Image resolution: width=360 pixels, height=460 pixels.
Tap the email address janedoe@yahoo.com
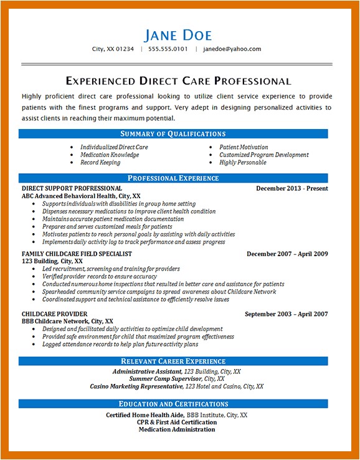[232, 49]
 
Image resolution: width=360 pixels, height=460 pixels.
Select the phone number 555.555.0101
[168, 49]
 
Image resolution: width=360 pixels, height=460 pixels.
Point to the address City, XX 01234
[113, 49]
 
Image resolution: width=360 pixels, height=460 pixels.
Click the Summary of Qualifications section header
[173, 133]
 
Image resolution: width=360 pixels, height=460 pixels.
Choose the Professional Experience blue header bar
[173, 178]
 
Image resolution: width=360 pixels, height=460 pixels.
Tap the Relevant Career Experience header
[173, 361]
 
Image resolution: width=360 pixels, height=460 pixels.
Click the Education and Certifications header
[173, 404]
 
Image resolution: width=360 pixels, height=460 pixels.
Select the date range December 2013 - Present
[291, 188]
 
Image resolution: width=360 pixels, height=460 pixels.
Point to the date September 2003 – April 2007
[286, 314]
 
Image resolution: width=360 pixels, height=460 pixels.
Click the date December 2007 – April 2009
[287, 254]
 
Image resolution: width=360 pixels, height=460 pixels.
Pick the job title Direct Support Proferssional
[72, 188]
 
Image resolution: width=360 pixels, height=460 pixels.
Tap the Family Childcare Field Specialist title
[77, 254]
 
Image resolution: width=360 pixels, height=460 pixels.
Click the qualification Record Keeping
[100, 163]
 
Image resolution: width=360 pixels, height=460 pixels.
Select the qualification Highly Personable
[242, 163]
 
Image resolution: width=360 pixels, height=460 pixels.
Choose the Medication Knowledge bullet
[109, 155]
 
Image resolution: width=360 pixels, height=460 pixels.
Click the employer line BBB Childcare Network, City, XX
[67, 321]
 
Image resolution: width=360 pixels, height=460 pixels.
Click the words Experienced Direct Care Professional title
[178, 81]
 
